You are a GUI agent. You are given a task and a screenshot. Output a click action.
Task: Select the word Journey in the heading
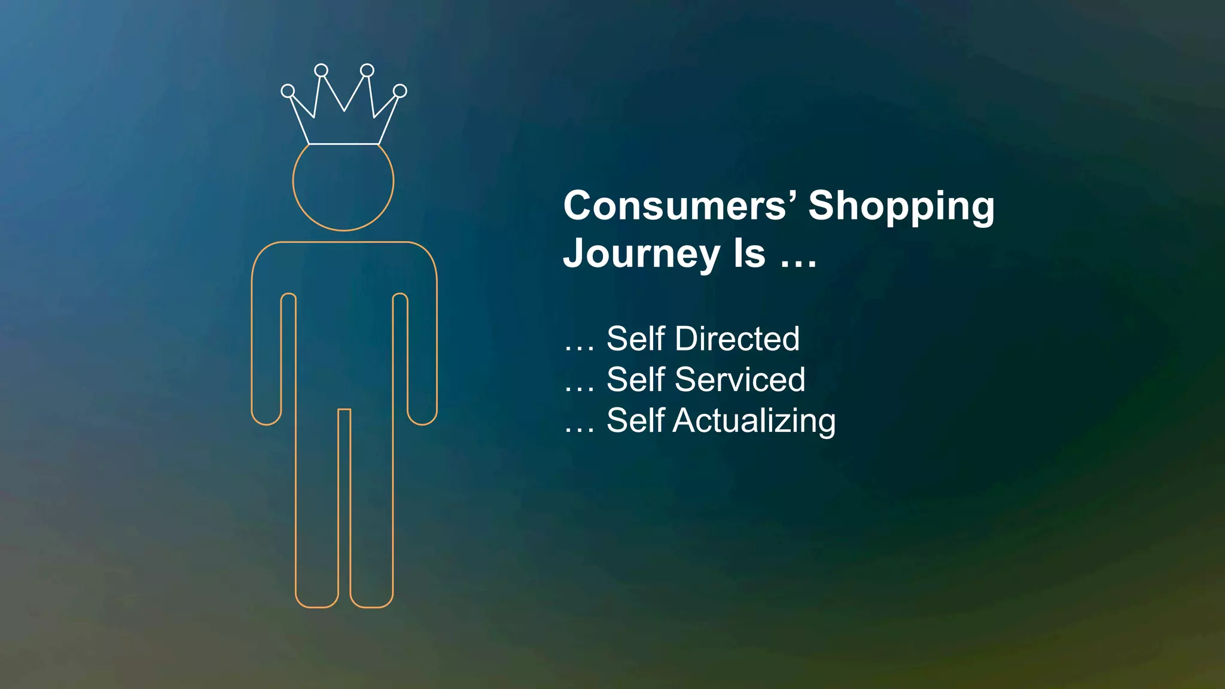642,254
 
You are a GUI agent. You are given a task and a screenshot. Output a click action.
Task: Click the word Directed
737,339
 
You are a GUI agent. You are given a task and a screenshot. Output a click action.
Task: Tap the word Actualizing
754,420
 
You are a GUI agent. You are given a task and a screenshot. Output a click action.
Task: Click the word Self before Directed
636,339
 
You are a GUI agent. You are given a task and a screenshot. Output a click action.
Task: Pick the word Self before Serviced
636,379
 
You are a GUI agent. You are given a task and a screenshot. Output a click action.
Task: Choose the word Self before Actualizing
636,420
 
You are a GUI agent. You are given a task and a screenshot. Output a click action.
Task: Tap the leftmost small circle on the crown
288,91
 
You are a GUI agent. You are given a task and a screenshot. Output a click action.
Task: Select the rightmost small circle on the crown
400,91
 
